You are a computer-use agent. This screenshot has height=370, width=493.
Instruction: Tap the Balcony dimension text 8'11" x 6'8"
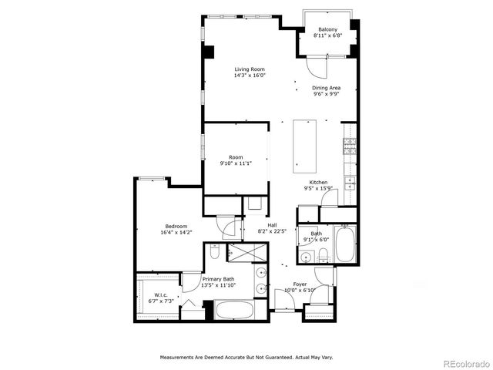point(327,36)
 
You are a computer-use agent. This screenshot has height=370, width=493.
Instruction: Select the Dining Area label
point(327,88)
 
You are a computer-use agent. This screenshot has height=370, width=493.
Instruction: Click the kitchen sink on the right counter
point(349,182)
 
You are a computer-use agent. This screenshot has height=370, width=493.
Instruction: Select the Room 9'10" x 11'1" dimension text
point(235,163)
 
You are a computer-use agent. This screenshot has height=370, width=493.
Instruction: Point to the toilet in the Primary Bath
point(215,251)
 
